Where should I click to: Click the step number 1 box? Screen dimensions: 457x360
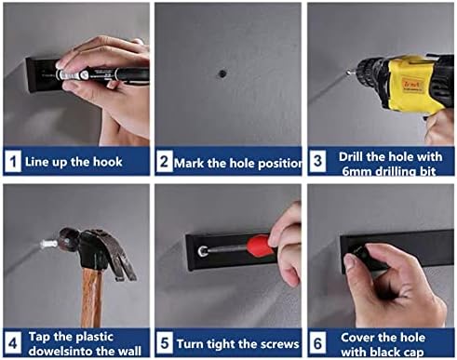pyautogui.click(x=13, y=161)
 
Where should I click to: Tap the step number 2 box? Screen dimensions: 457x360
pyautogui.click(x=165, y=161)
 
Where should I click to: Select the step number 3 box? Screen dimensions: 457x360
pyautogui.click(x=317, y=161)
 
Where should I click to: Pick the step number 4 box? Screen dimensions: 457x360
pyautogui.click(x=13, y=342)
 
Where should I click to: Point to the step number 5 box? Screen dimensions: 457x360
pyautogui.click(x=165, y=342)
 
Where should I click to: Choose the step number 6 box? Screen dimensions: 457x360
pyautogui.click(x=317, y=342)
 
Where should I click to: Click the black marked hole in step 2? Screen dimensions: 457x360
pyautogui.click(x=222, y=73)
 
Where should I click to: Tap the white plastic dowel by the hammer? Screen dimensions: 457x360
pyautogui.click(x=48, y=244)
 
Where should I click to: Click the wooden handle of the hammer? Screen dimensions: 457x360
pyautogui.click(x=92, y=298)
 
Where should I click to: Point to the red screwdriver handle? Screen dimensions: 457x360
pyautogui.click(x=260, y=244)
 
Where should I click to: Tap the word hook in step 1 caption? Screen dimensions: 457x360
pyautogui.click(x=108, y=162)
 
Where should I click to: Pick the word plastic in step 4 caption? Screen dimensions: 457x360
pyautogui.click(x=95, y=338)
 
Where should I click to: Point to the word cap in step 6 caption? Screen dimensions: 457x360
pyautogui.click(x=411, y=353)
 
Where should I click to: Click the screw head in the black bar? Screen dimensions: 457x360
pyautogui.click(x=203, y=250)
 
